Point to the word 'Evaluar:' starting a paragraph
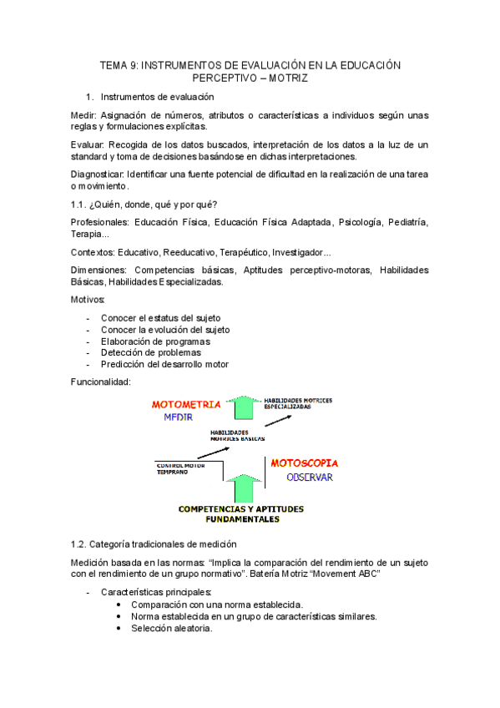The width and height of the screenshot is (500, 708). (88, 144)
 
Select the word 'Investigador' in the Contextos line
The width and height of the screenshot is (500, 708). (302, 251)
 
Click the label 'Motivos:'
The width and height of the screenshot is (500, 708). (88, 299)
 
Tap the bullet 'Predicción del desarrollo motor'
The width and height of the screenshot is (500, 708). (164, 364)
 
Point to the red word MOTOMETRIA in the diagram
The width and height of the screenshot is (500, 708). (186, 404)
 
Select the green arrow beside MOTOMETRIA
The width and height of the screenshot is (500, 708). (244, 407)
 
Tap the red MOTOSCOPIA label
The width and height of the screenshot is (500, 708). (305, 463)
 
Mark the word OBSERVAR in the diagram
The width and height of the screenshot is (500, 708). (311, 478)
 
